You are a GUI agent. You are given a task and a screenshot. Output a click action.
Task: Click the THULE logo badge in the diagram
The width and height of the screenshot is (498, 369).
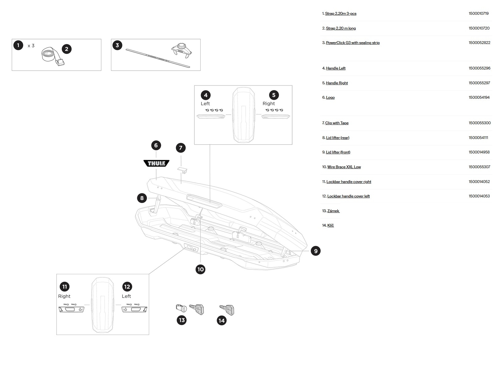pos(156,163)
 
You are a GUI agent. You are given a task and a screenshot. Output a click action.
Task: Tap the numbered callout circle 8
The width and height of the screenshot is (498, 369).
pos(142,198)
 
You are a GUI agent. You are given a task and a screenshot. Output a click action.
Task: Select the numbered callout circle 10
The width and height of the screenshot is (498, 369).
pos(200,269)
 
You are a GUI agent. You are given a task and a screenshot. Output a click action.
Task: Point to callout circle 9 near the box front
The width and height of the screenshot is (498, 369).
pos(316,251)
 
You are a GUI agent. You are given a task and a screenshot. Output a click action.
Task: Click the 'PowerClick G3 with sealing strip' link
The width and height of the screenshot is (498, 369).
pos(353,43)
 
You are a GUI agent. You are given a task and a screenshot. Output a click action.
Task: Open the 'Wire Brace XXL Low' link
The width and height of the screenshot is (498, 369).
pos(344,167)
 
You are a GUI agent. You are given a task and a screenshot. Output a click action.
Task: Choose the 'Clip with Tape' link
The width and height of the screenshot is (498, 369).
pos(337,123)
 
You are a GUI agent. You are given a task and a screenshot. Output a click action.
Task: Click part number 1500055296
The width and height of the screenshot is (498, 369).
pos(479,68)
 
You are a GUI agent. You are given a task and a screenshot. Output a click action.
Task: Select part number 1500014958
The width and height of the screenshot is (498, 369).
pos(479,152)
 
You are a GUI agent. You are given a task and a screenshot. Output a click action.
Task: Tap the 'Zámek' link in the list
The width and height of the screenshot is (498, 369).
pos(333,211)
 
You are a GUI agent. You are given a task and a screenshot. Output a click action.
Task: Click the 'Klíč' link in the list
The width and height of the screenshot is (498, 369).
pos(330,225)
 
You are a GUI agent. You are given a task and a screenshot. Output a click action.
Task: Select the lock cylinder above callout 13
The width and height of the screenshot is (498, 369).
pos(181,307)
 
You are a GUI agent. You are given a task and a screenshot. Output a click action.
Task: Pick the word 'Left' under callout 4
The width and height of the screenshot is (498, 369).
pos(205,104)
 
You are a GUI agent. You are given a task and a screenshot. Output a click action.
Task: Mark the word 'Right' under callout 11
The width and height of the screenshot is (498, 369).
pos(64,296)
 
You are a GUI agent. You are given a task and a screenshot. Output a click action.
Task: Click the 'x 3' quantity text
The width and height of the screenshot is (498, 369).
pos(31,46)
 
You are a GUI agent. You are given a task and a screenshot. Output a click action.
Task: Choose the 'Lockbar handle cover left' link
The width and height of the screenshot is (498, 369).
pos(348,196)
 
